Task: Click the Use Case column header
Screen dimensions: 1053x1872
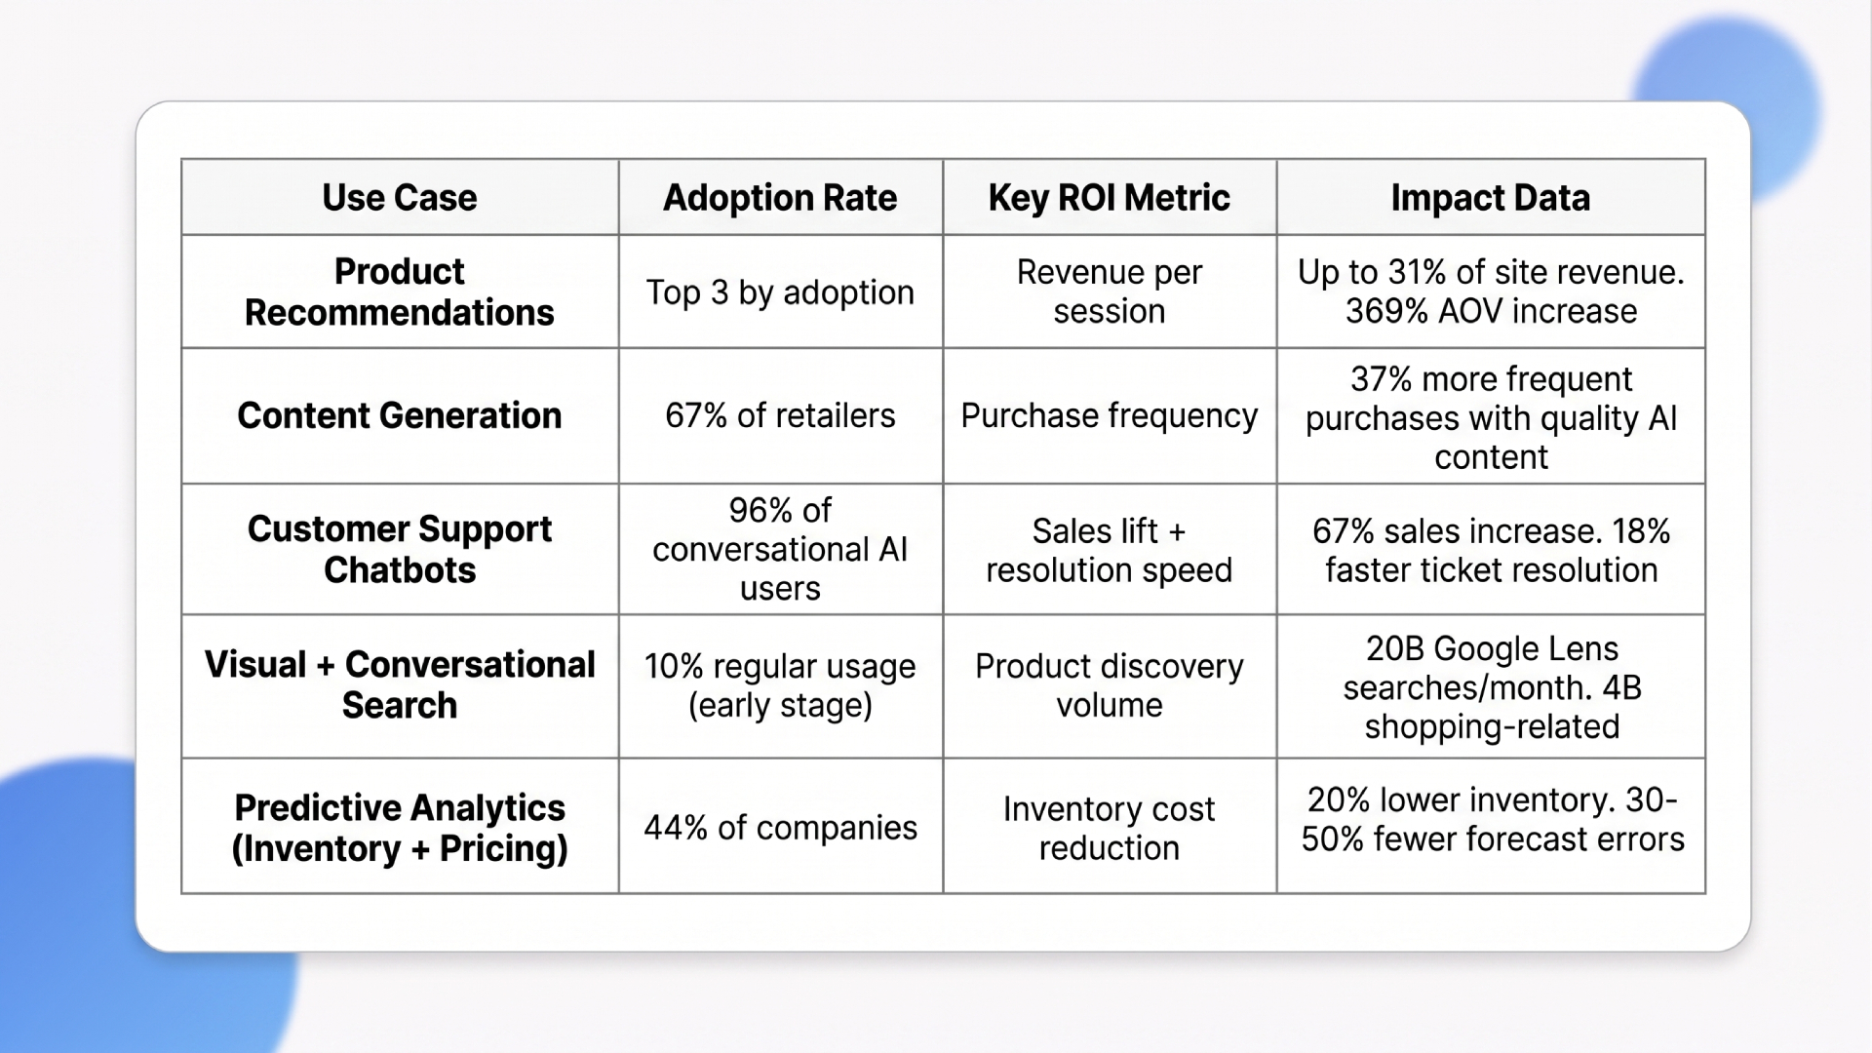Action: [x=400, y=198]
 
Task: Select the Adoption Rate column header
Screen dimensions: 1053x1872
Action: [x=780, y=198]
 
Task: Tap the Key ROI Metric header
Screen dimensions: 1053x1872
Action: [x=1109, y=198]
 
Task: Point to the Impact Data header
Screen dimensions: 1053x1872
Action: [x=1490, y=198]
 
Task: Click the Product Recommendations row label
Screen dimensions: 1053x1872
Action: [x=400, y=292]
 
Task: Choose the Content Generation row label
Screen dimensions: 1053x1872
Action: [x=400, y=415]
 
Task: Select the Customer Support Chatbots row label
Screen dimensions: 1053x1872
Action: [x=400, y=549]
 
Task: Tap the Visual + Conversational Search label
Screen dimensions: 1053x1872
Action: [x=400, y=684]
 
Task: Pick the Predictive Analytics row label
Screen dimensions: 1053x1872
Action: [x=400, y=828]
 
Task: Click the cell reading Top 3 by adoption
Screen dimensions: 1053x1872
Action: [x=780, y=292]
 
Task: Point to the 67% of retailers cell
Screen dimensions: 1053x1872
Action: [x=780, y=415]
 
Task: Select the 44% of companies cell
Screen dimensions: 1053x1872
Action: [x=780, y=828]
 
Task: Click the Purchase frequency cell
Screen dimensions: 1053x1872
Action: [x=1109, y=415]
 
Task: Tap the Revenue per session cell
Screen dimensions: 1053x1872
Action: [x=1109, y=292]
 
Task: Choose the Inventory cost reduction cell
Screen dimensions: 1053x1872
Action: [x=1109, y=828]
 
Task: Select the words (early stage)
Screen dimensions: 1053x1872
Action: [x=780, y=705]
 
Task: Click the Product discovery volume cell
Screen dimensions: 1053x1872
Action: [x=1109, y=685]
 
